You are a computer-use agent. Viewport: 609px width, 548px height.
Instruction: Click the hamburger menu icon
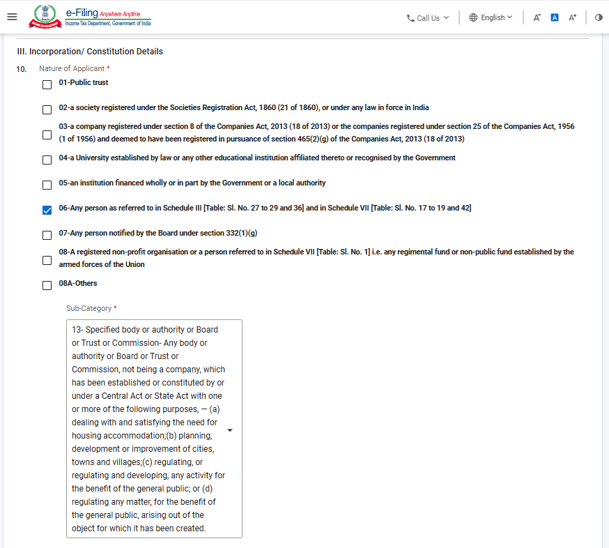11,17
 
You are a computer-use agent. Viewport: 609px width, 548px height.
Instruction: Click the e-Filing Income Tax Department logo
90,17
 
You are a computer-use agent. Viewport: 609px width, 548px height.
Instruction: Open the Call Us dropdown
428,17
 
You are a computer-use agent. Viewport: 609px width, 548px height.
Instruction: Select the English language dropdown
491,17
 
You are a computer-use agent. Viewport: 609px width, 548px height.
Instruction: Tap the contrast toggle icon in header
599,17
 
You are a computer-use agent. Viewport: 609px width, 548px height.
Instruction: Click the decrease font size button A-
537,17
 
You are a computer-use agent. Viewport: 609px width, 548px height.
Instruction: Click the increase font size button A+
573,17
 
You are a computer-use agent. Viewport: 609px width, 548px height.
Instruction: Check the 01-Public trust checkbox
47,84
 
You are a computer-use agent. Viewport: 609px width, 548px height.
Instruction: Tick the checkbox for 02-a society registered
47,109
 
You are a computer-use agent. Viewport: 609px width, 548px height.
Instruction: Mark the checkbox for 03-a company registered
47,135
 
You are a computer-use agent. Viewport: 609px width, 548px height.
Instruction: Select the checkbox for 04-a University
47,160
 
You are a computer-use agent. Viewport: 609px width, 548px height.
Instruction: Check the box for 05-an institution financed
47,185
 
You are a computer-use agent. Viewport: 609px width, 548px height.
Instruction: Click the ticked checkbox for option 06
47,210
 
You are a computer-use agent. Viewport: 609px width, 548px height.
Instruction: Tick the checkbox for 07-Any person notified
47,235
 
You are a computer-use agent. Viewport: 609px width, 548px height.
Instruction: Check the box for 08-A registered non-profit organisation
47,260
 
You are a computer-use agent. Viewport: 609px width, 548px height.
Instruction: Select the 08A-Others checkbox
47,285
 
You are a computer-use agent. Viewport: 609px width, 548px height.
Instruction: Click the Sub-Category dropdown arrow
230,430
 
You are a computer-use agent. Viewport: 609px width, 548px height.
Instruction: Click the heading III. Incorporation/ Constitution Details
90,52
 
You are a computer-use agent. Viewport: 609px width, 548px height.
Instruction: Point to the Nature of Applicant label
72,68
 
